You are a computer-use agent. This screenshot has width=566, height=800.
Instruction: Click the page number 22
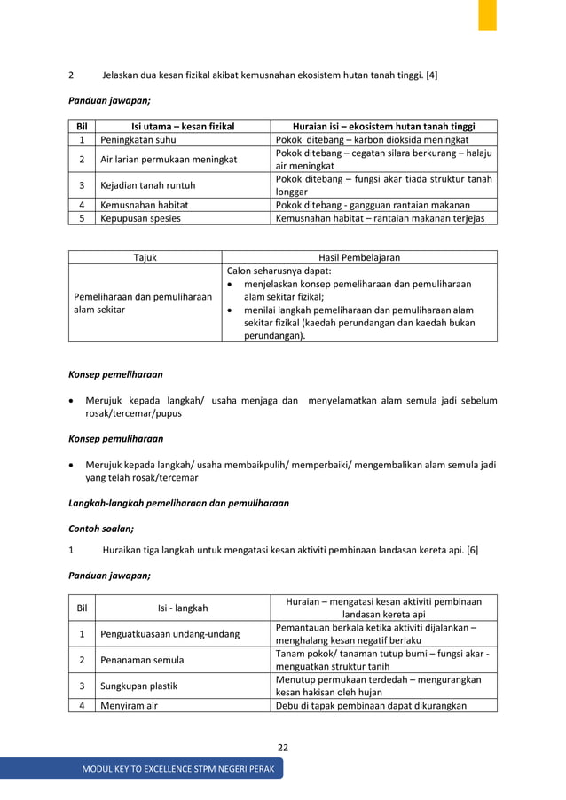[282, 748]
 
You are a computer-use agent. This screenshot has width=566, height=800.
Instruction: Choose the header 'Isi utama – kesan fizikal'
[183, 126]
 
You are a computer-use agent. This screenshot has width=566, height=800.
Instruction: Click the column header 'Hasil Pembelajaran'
[358, 257]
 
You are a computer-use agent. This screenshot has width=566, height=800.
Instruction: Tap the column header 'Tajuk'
[145, 257]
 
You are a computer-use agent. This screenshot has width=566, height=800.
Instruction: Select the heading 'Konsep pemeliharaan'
[109, 374]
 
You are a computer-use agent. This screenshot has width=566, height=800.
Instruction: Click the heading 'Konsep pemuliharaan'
[109, 439]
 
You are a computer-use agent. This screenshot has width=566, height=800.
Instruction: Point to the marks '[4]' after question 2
[431, 75]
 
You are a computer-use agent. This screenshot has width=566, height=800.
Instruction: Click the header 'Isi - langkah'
[183, 608]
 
